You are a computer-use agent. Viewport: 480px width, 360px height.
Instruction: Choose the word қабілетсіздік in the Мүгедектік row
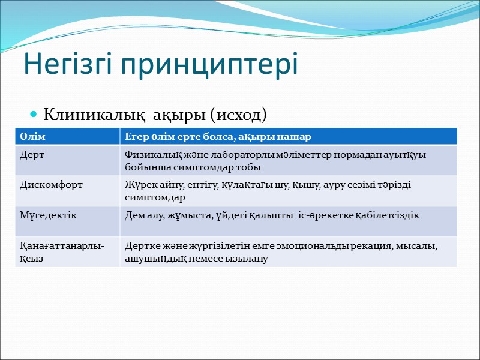(x=389, y=215)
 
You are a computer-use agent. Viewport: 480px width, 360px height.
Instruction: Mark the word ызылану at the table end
(x=247, y=259)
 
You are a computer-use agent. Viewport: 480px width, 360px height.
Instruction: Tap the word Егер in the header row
(x=136, y=137)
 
